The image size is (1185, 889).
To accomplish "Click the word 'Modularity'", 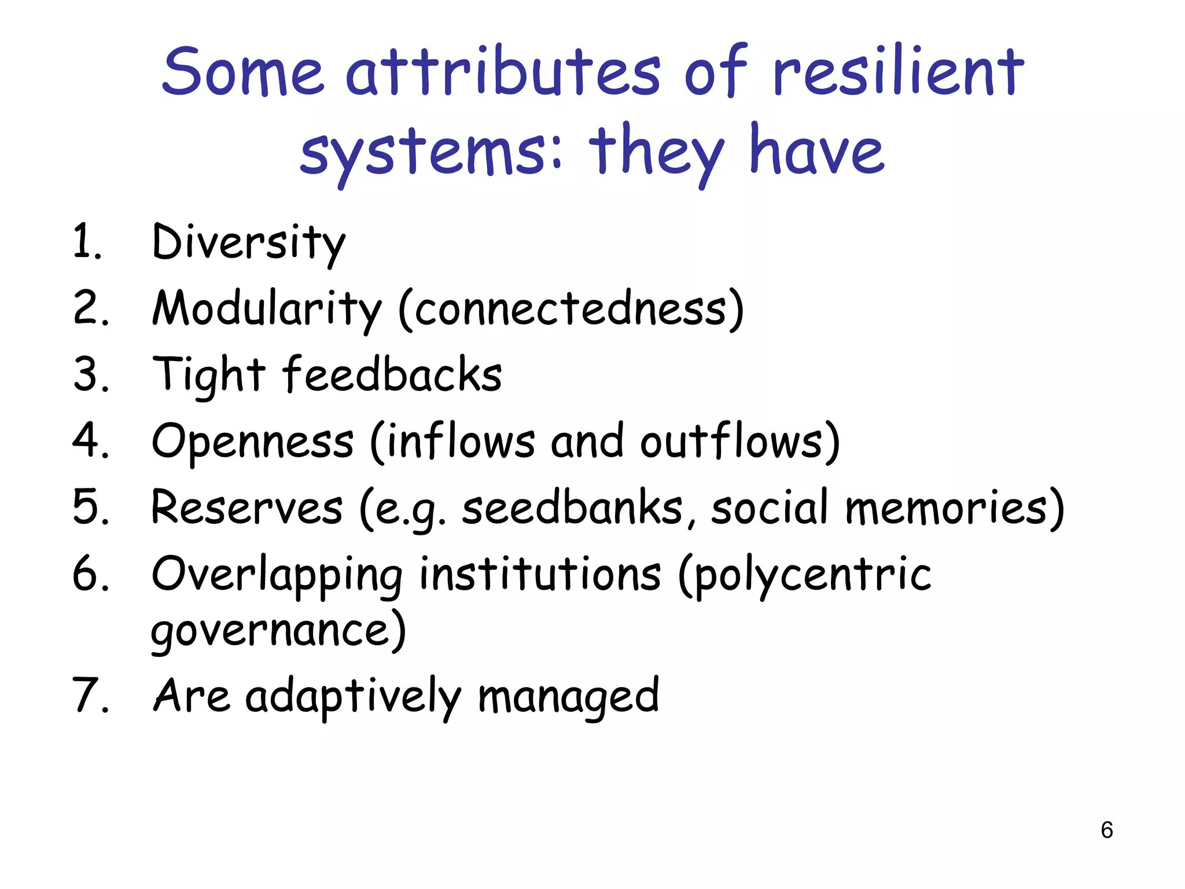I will [267, 309].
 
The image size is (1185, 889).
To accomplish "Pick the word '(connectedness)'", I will [571, 309].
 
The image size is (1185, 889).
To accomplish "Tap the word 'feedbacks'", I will [392, 375].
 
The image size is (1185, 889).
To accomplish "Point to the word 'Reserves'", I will [247, 508].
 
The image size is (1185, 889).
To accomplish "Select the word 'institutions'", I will [540, 574].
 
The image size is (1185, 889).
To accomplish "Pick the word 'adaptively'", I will [353, 697].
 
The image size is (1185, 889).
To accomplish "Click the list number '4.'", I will [91, 441].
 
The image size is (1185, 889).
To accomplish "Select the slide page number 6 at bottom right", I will [1107, 830].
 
